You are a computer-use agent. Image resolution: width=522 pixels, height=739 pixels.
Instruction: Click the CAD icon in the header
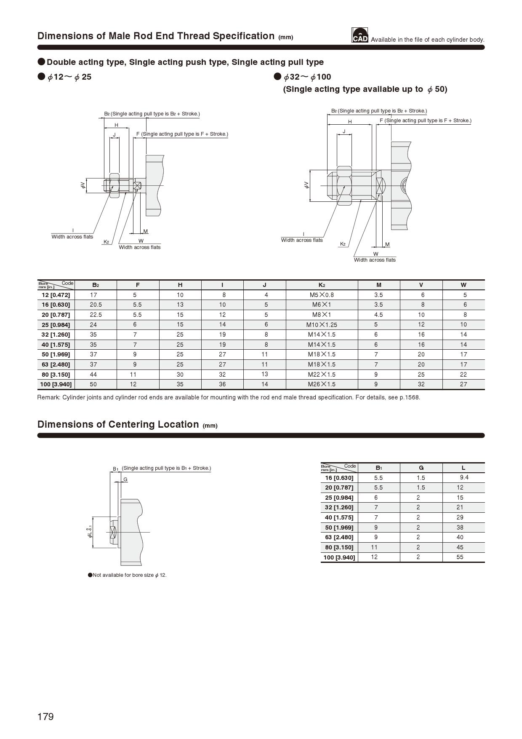point(360,35)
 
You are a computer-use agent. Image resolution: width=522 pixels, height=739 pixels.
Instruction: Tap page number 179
point(45,717)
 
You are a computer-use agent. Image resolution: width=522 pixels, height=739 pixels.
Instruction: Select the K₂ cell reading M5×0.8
point(322,295)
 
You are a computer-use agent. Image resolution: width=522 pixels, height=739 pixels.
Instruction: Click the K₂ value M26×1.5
point(322,384)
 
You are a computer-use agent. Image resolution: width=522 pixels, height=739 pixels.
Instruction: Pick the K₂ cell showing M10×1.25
point(322,325)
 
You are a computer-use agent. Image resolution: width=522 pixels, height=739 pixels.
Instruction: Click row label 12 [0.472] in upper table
point(56,295)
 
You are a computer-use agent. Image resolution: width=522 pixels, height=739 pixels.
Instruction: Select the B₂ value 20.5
point(96,305)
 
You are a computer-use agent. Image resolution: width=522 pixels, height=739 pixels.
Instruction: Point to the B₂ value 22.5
point(96,315)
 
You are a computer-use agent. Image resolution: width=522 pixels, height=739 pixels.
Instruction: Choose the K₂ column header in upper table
point(322,285)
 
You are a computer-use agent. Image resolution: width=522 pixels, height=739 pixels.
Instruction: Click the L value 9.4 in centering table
point(464,477)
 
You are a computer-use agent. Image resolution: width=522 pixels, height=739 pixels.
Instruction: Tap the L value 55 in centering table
point(460,557)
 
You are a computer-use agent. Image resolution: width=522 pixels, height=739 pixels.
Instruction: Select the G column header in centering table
point(421,468)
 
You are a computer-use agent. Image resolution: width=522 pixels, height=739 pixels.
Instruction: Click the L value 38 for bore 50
point(460,527)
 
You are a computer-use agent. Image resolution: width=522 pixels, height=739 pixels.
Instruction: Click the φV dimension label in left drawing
point(83,185)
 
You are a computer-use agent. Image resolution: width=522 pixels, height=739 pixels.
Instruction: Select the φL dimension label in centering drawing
point(90,533)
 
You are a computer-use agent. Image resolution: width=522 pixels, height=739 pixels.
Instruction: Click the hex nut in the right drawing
point(344,185)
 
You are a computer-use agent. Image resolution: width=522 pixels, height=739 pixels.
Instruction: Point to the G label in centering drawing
point(125,479)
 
